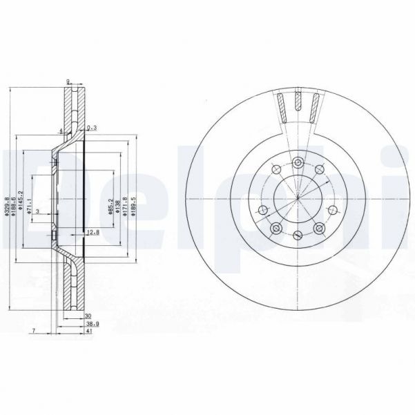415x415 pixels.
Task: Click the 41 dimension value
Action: point(89,332)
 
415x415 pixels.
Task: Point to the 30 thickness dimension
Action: point(88,315)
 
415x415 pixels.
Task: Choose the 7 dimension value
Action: point(33,332)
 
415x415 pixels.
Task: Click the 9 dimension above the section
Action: point(68,81)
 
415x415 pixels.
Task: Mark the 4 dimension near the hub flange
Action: point(61,130)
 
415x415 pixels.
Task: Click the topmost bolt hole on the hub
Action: point(297,162)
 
